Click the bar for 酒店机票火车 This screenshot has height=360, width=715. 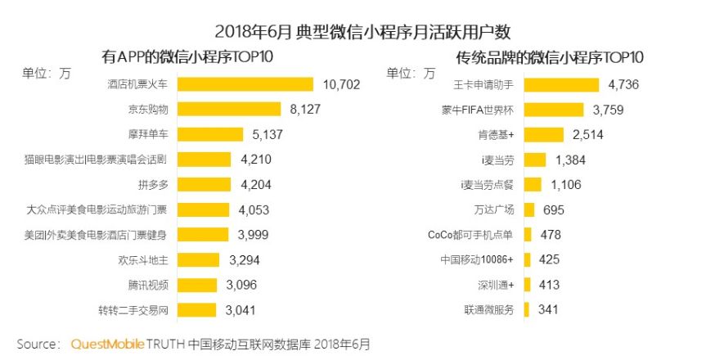pyautogui.click(x=245, y=83)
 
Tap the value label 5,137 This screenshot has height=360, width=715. pyautogui.click(x=265, y=134)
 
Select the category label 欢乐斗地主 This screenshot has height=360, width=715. pyautogui.click(x=144, y=260)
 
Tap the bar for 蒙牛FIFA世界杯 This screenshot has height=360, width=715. pyautogui.click(x=553, y=109)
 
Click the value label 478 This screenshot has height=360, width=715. pyautogui.click(x=552, y=235)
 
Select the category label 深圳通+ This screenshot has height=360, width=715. pyautogui.click(x=496, y=285)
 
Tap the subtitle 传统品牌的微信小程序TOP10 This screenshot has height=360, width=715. pyautogui.click(x=549, y=57)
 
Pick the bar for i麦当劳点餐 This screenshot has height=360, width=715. pyautogui.click(x=532, y=184)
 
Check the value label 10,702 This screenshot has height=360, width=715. pyautogui.click(x=342, y=83)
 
